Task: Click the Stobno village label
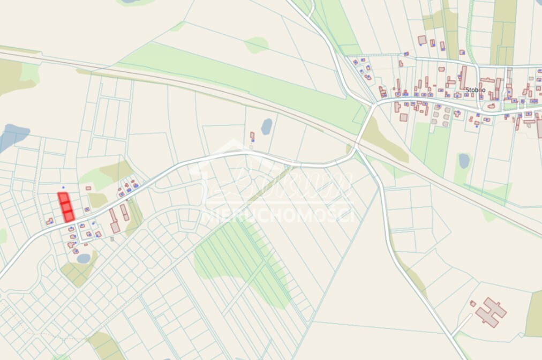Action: [476, 89]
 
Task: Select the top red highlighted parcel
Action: [63, 197]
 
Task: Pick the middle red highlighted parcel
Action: [65, 207]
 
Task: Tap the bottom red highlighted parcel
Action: [68, 216]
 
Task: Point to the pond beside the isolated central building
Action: [266, 126]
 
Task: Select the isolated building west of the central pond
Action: [252, 137]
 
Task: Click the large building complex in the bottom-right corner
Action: [491, 311]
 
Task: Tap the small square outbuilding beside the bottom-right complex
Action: [472, 303]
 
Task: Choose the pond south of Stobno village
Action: [464, 161]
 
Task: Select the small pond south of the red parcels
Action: [84, 258]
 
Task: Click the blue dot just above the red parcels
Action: [63, 187]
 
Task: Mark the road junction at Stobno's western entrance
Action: [373, 104]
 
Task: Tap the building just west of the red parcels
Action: [49, 221]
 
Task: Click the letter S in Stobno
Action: [468, 89]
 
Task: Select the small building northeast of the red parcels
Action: [88, 188]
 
